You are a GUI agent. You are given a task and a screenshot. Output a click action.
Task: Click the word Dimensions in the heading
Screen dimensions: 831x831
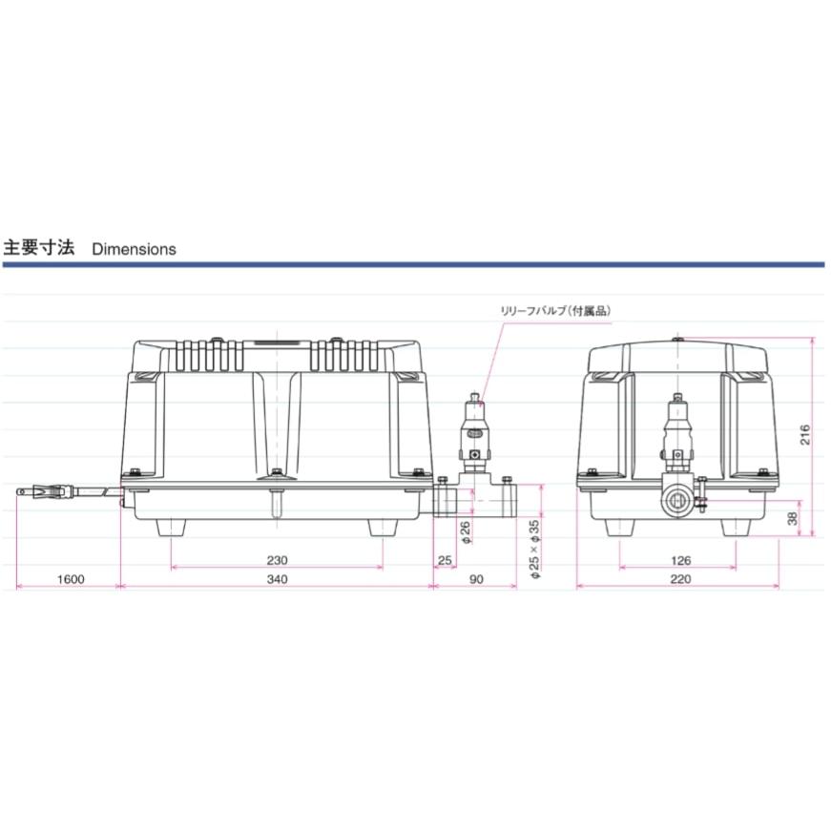point(134,249)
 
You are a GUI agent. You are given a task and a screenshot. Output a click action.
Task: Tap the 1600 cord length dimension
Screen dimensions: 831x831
point(71,579)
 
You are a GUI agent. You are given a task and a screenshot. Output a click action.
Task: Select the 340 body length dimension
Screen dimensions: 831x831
point(277,579)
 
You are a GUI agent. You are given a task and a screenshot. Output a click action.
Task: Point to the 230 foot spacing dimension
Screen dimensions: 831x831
point(277,560)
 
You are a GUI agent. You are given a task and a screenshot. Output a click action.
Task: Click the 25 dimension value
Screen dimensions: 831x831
point(444,560)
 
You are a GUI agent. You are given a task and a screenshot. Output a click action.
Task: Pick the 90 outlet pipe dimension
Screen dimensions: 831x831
point(476,579)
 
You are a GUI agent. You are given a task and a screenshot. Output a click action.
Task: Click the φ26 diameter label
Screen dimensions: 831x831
point(466,532)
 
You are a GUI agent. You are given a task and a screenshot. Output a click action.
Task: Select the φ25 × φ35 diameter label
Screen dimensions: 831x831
point(534,550)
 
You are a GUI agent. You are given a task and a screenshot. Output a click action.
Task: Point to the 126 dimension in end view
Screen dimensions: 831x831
point(680,560)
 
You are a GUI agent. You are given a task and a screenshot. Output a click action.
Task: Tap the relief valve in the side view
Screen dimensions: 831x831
point(474,429)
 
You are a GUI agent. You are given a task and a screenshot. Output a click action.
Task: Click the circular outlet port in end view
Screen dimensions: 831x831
point(677,497)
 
